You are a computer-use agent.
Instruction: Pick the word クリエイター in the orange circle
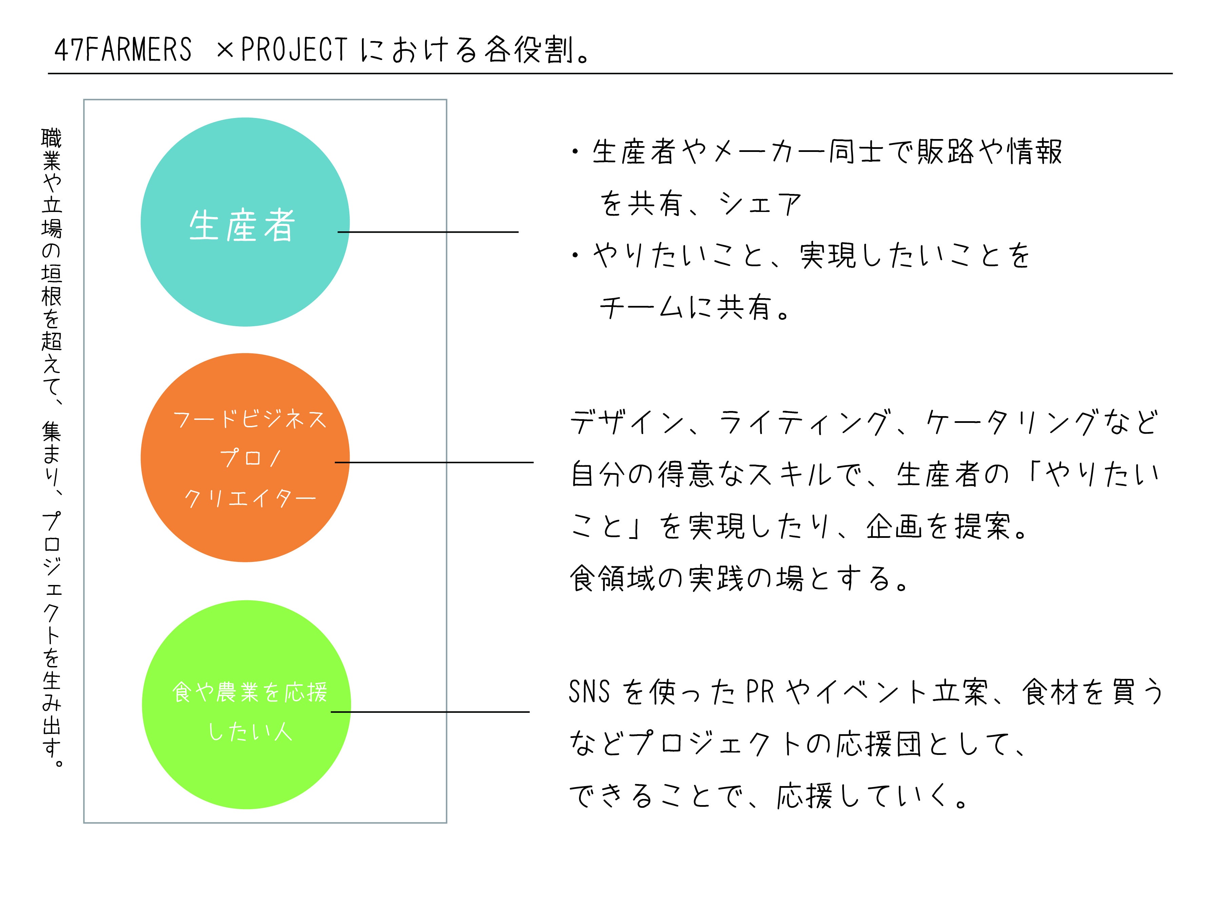250,498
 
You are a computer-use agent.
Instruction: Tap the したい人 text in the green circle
250,732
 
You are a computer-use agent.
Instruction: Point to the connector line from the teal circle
429,232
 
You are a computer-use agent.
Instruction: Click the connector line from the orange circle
435,463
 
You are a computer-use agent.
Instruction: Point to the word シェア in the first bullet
759,204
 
